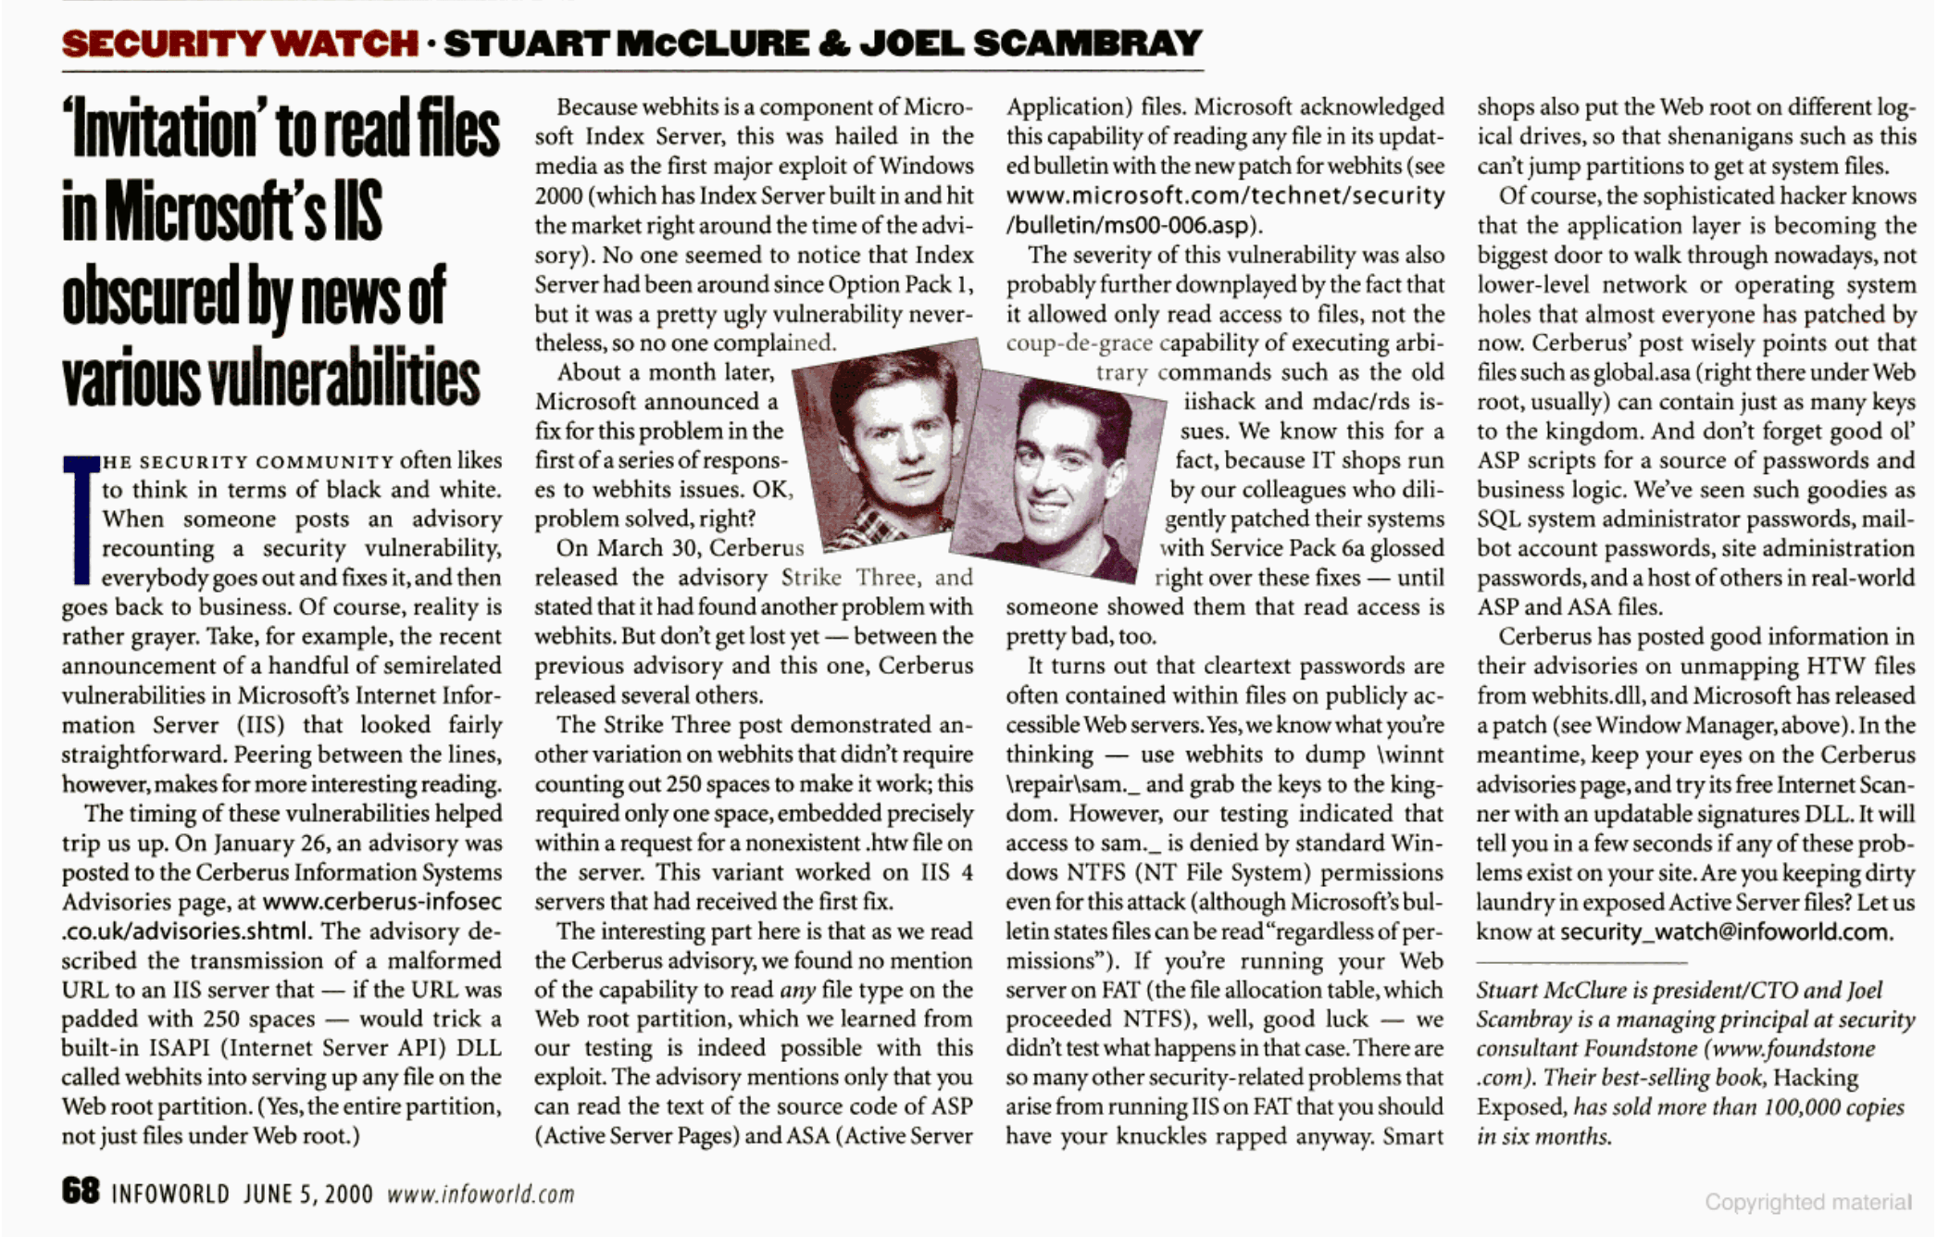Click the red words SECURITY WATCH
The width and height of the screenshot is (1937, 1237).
coord(240,44)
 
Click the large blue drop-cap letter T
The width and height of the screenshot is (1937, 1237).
coord(81,519)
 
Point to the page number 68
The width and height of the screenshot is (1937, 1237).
coord(81,1191)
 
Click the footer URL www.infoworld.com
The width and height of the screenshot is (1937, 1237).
coord(481,1194)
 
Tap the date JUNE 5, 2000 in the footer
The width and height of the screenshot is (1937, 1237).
coord(308,1194)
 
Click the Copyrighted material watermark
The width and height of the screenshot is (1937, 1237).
coord(1807,1202)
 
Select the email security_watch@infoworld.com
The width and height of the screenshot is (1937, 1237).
coord(1726,931)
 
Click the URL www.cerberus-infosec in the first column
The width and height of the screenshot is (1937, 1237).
coord(382,902)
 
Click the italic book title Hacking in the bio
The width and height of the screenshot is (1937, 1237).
coord(1816,1078)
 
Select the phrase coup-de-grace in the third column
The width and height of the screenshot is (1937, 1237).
coord(1080,344)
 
